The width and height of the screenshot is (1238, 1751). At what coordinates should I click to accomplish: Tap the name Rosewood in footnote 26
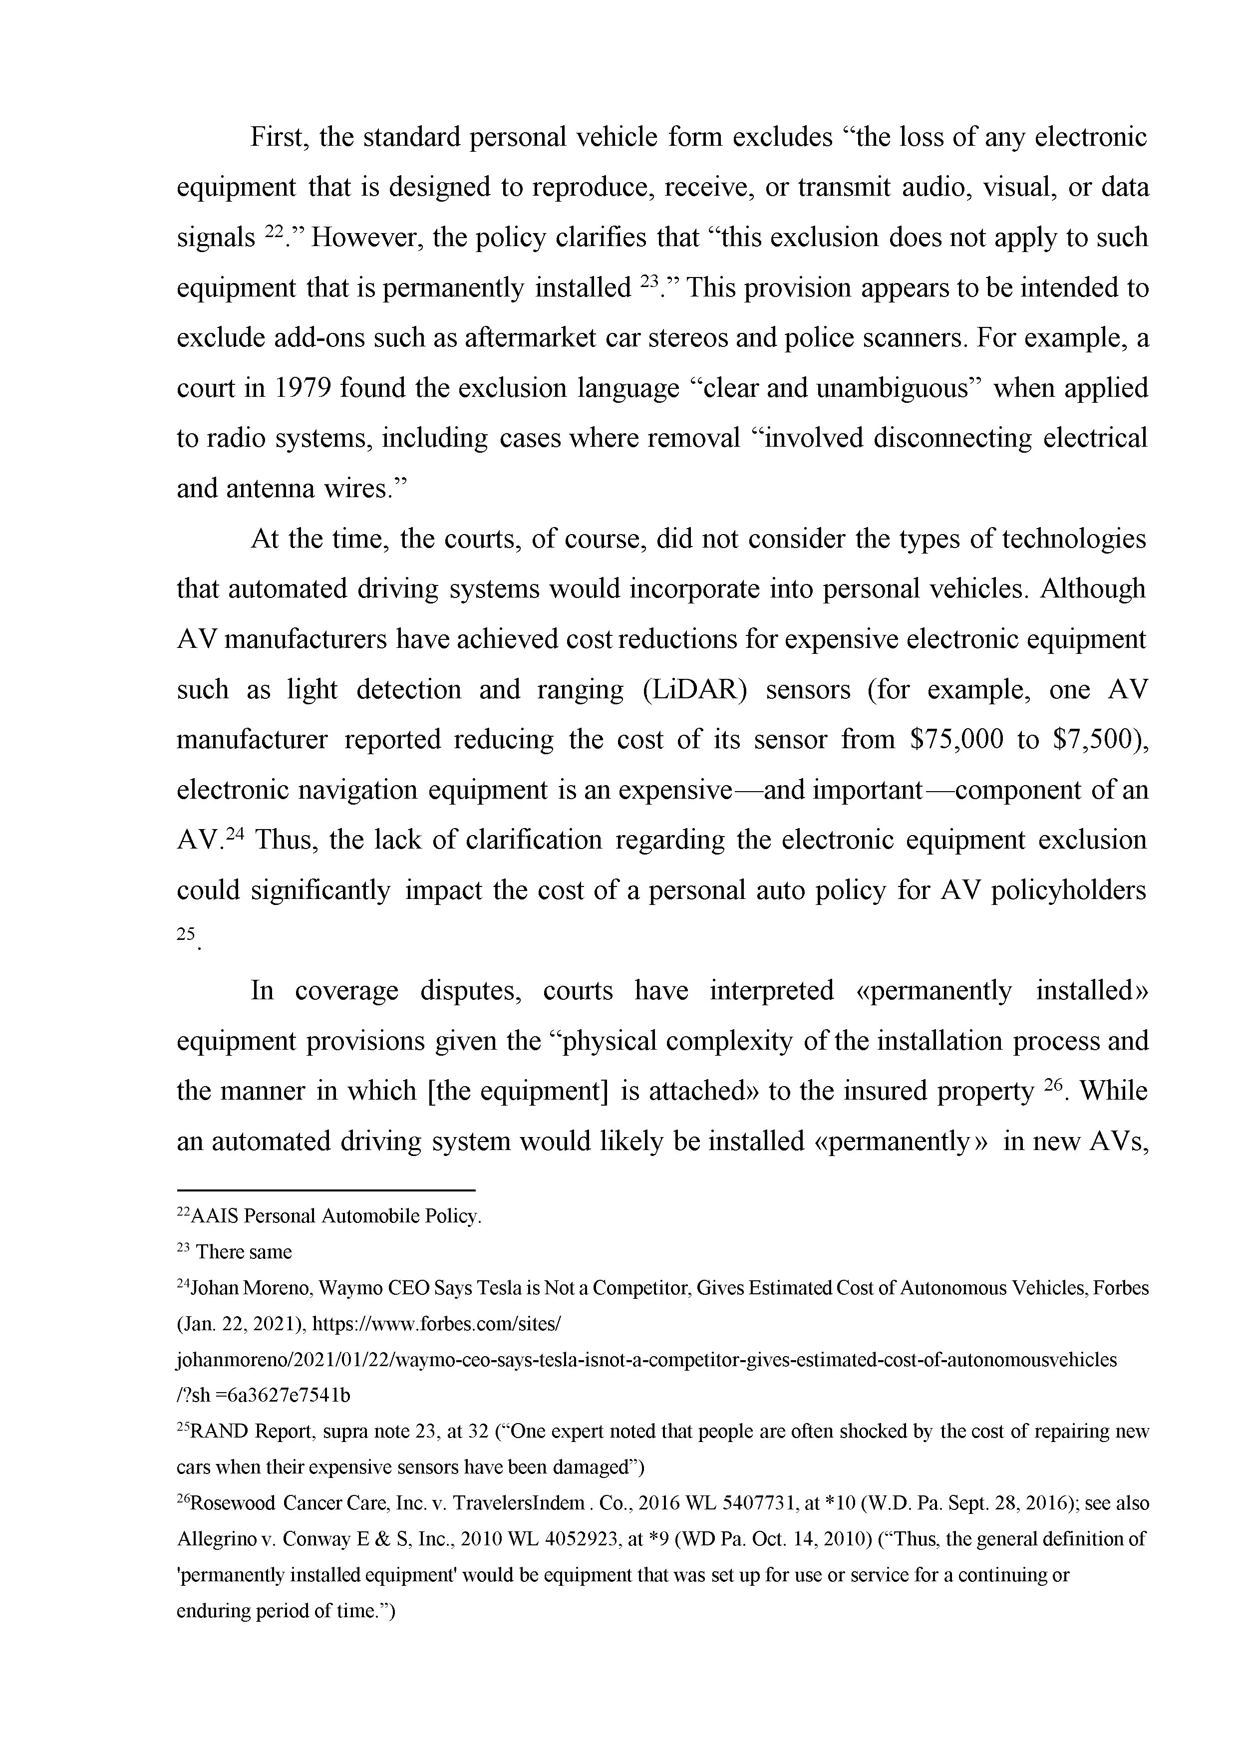(x=232, y=1503)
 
